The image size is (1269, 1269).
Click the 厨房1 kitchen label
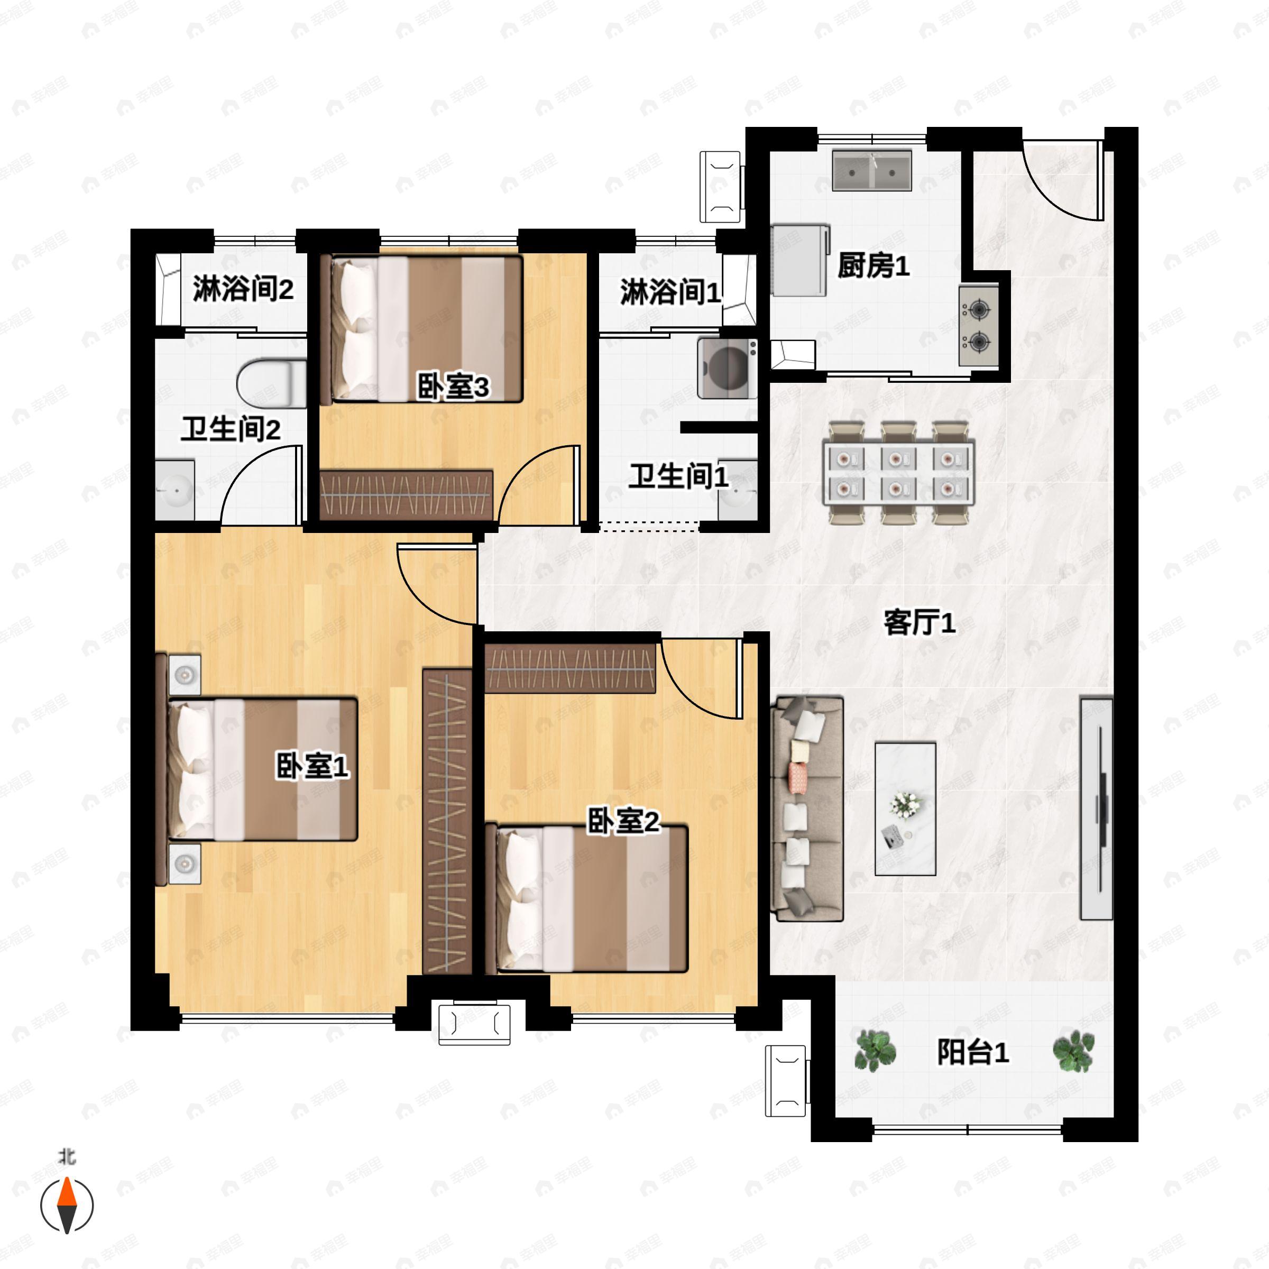pos(873,265)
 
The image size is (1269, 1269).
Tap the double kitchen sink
pos(871,171)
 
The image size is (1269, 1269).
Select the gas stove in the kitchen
pos(978,325)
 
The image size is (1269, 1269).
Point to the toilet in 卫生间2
pos(271,383)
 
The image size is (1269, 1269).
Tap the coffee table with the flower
pos(905,808)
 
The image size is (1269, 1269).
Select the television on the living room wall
pos(1096,808)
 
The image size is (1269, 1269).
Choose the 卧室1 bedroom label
pos(312,766)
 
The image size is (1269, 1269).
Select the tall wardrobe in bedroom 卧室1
pos(447,821)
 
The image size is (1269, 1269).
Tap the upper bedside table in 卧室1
pos(185,675)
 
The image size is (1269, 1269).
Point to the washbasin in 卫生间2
pos(174,490)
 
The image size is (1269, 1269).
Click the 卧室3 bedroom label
pos(453,386)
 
